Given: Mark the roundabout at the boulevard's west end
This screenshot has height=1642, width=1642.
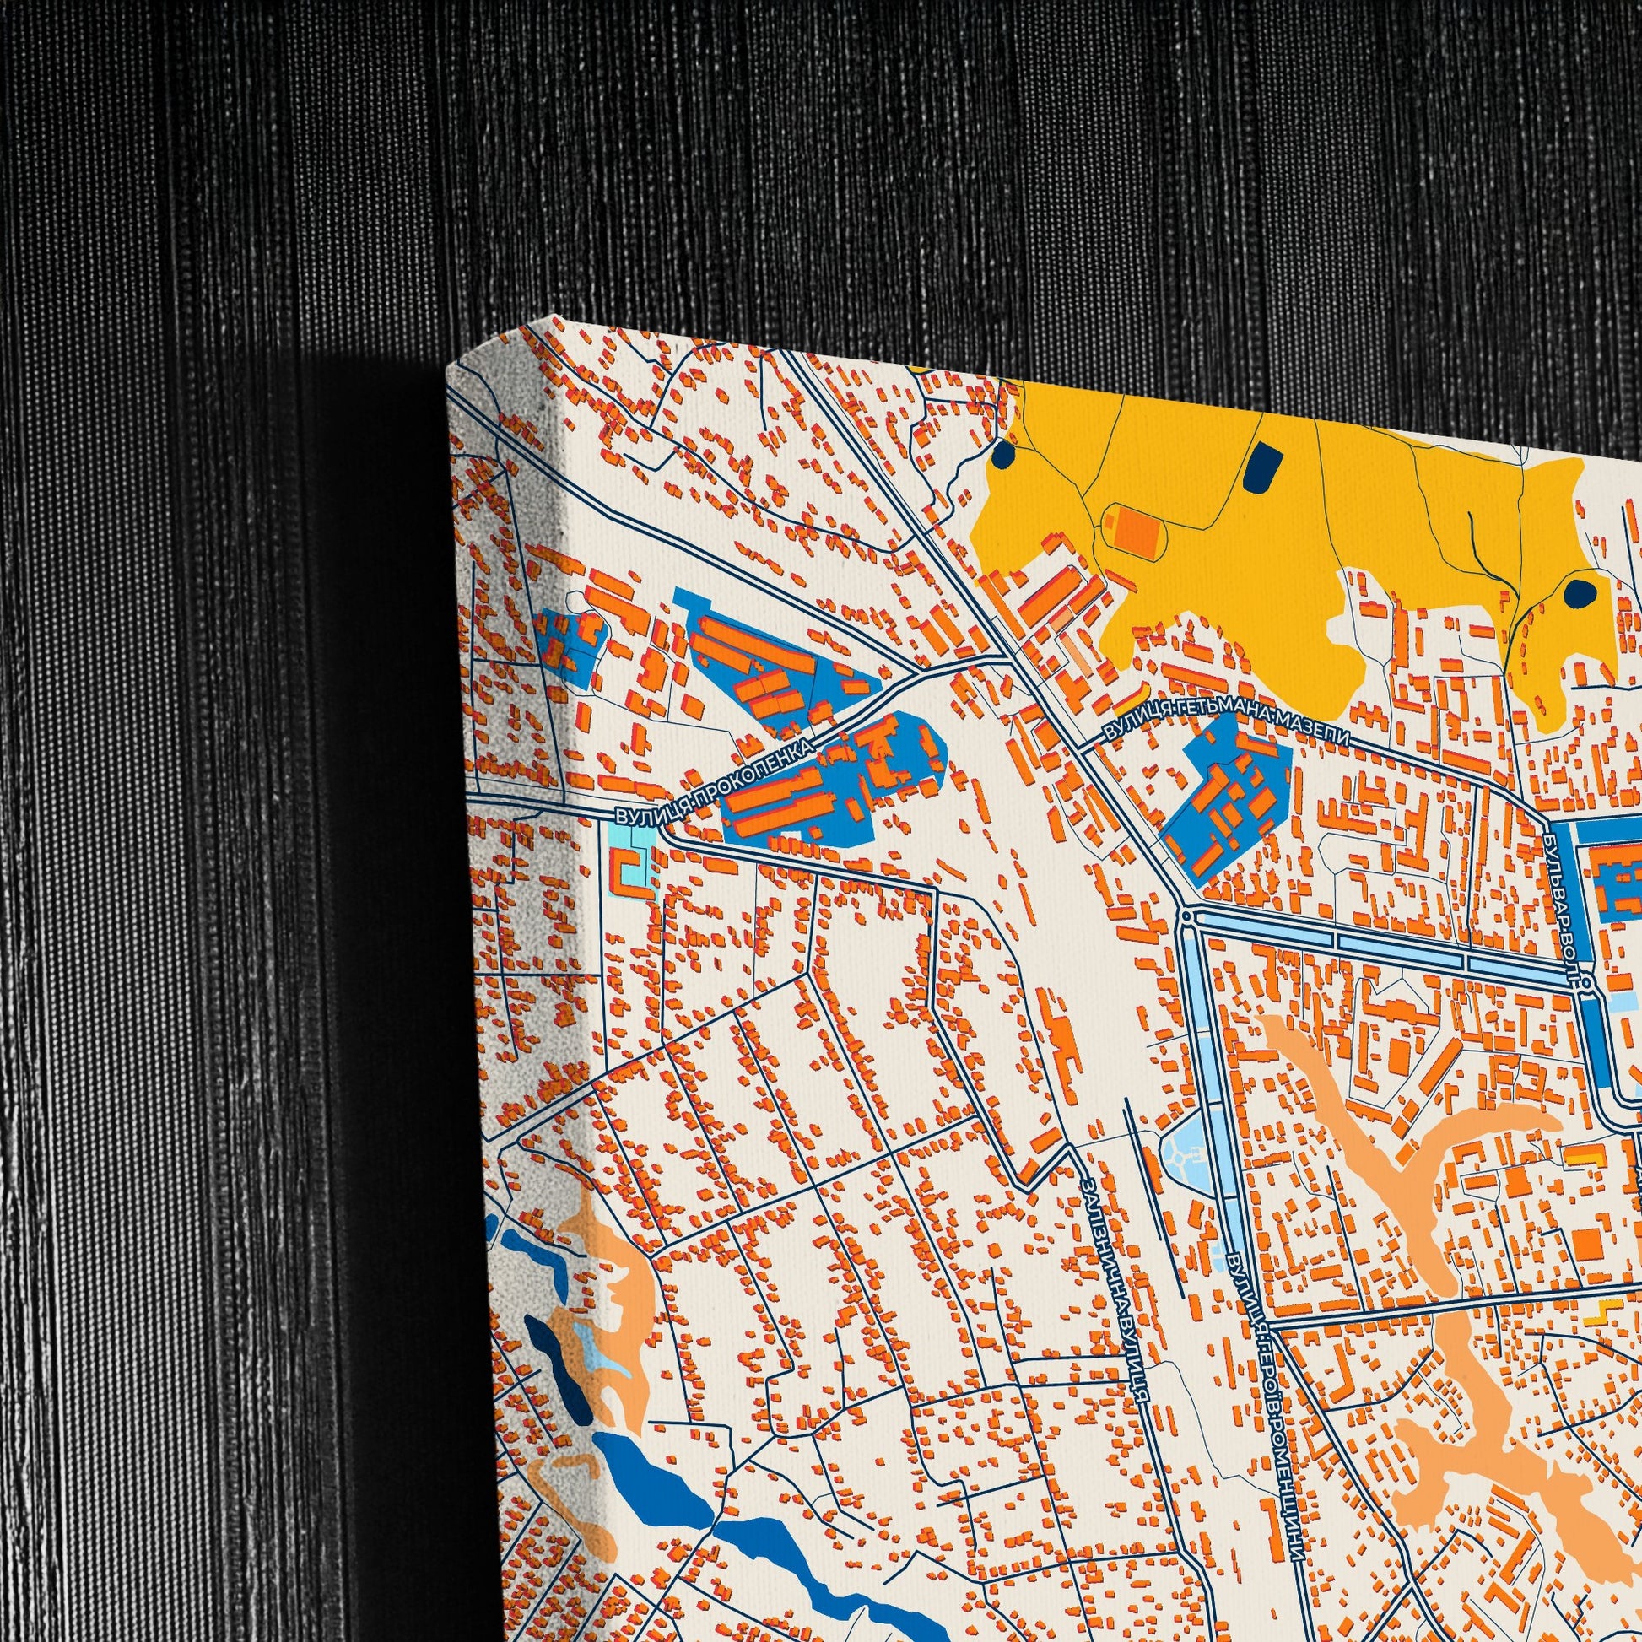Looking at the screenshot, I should [x=1186, y=917].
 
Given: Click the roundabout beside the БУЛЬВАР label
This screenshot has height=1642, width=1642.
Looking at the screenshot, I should [x=1586, y=981].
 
